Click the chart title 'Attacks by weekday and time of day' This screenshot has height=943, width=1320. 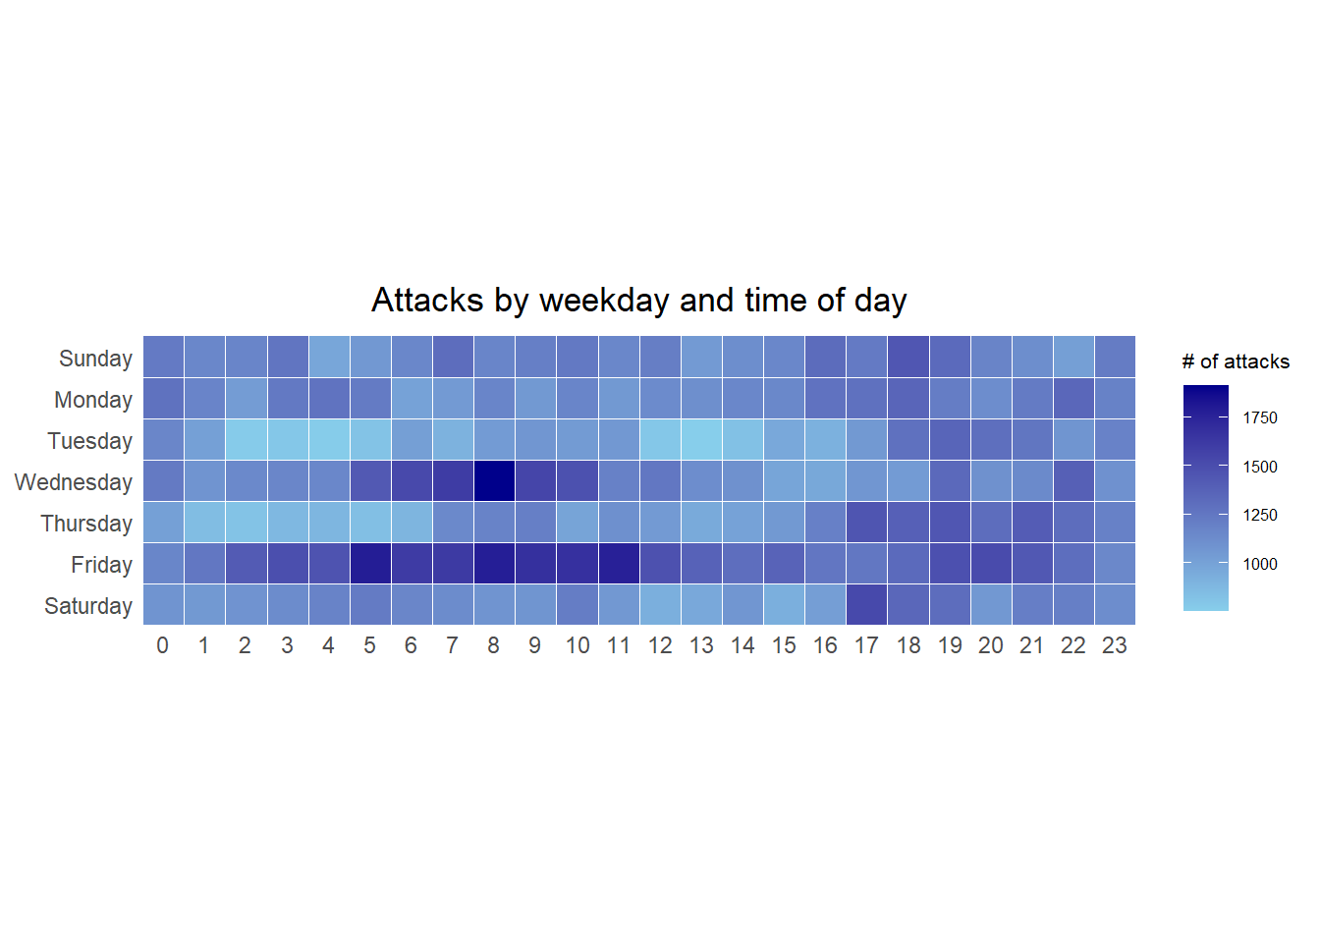coord(638,300)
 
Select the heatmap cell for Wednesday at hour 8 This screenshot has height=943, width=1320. coord(494,481)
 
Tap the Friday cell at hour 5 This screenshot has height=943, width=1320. coord(370,564)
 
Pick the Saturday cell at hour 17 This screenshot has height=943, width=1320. coord(866,605)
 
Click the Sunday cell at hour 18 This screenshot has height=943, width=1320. coord(907,358)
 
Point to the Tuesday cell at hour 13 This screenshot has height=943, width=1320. coord(701,440)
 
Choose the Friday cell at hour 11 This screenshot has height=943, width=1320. coord(618,564)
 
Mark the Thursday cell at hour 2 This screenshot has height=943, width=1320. coord(247,523)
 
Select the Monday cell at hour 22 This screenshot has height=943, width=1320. coord(1072,399)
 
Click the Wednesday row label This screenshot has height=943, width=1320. coord(74,482)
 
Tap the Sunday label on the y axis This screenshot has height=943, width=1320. coord(95,359)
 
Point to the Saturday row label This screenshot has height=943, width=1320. coord(88,606)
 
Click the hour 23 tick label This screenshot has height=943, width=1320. coord(1114,645)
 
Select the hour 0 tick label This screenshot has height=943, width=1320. coord(163,645)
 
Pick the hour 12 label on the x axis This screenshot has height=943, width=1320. coord(660,645)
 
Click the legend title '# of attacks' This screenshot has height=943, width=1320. coord(1236,361)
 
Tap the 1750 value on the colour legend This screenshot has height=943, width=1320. coord(1260,417)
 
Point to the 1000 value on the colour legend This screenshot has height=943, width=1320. coord(1260,564)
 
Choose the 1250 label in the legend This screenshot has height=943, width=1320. coord(1260,515)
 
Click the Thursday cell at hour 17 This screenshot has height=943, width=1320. coord(866,523)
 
